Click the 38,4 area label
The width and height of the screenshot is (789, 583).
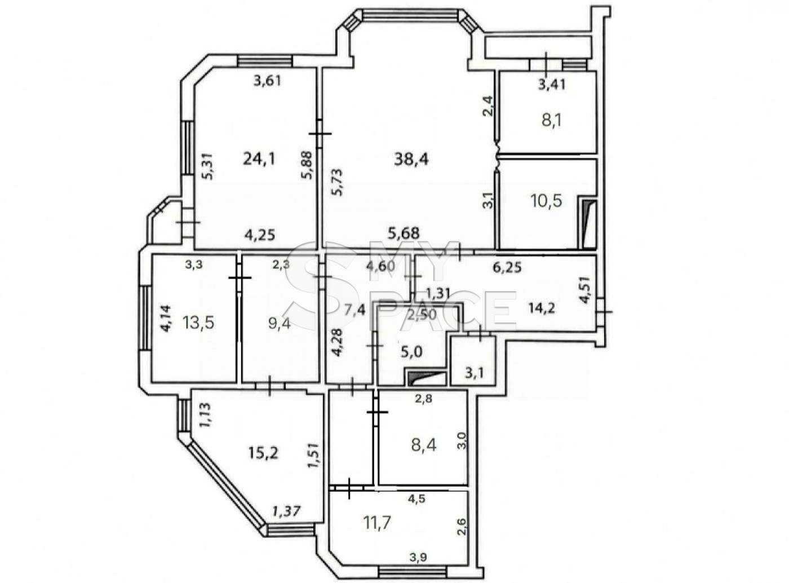tap(411, 160)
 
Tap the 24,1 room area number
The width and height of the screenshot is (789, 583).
tap(259, 159)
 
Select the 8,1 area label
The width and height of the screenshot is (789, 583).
tap(551, 121)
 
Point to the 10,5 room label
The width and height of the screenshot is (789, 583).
tap(547, 201)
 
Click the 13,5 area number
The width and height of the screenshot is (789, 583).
tap(198, 323)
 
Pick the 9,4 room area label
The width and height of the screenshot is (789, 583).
tap(280, 323)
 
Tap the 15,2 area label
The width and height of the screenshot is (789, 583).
tap(263, 453)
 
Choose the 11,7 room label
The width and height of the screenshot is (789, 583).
tap(378, 523)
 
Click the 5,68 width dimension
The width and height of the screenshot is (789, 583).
tap(404, 233)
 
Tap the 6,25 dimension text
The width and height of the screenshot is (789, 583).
tap(507, 267)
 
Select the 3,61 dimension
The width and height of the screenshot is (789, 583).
tap(267, 81)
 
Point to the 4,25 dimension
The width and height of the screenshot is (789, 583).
tap(260, 235)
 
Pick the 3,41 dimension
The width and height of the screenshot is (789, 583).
tap(551, 85)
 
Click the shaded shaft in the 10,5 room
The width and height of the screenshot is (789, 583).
tap(587, 223)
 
